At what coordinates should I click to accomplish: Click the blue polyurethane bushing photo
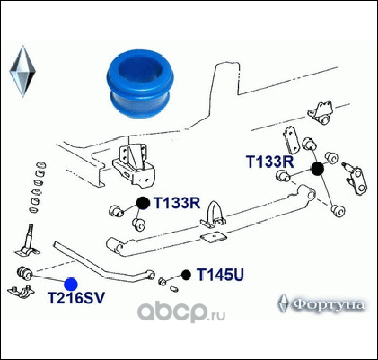tap(140, 84)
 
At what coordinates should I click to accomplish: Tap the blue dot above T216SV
tap(71, 284)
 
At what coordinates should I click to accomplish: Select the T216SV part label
tap(76, 298)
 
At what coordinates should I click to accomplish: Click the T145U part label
tap(220, 275)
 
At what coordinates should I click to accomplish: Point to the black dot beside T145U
tap(186, 275)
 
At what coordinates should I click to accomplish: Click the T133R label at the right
tap(270, 162)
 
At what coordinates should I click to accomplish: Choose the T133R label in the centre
tap(177, 203)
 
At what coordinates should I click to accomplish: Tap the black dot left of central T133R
tap(143, 203)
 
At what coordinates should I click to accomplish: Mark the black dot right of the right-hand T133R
tap(318, 169)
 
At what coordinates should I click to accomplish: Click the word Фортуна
tap(328, 305)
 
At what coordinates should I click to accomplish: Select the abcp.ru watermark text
tap(181, 312)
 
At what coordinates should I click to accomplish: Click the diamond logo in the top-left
tap(22, 71)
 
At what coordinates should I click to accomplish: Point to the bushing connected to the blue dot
tap(24, 273)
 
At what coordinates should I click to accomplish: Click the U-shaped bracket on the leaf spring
tap(213, 215)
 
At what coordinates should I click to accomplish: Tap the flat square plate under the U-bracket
tap(214, 238)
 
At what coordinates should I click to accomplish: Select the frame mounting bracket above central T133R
tap(134, 166)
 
